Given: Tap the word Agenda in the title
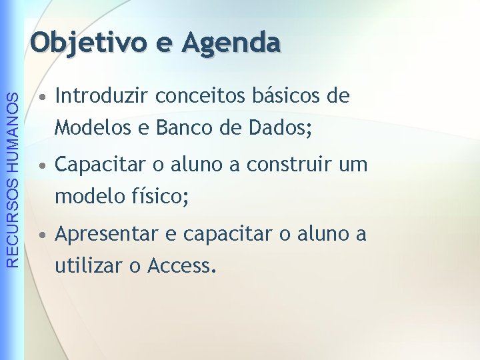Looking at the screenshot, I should pyautogui.click(x=231, y=42).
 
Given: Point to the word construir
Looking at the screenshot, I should pyautogui.click(x=285, y=165).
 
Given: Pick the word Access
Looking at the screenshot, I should pyautogui.click(x=181, y=266).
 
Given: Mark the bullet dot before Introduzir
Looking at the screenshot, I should pyautogui.click(x=42, y=98).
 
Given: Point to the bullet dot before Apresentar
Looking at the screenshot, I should pyautogui.click(x=42, y=236).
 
